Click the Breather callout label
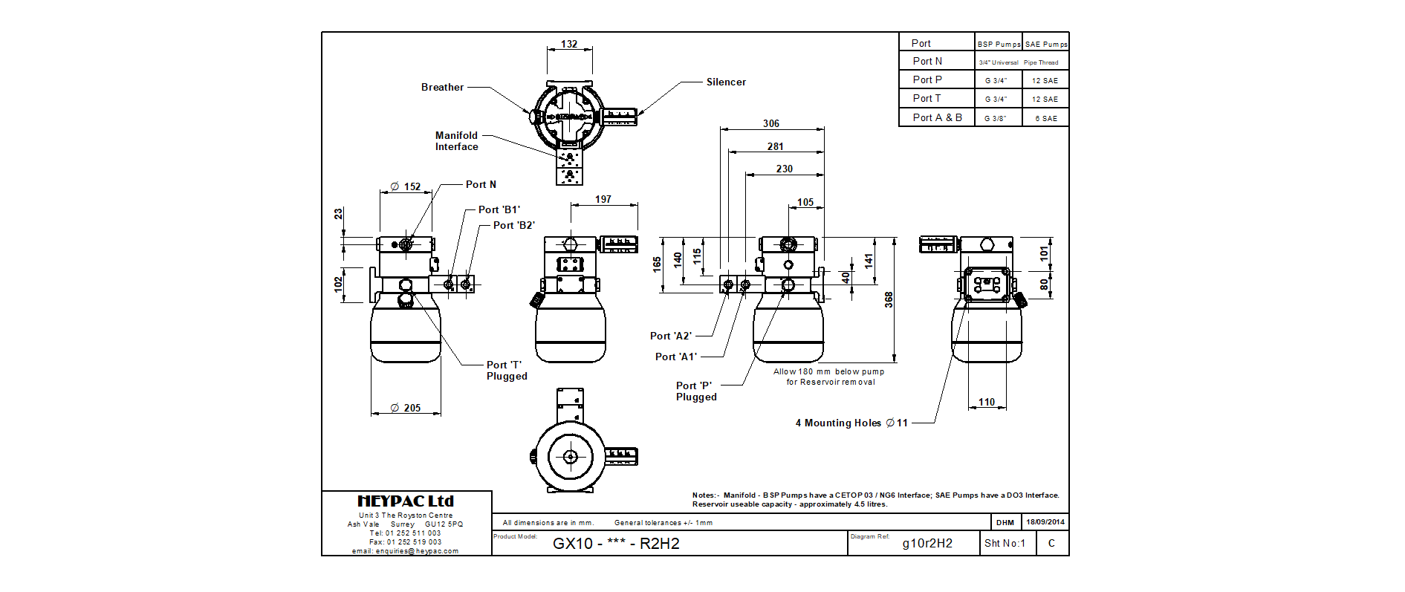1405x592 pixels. pos(442,87)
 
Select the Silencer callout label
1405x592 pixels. pos(726,82)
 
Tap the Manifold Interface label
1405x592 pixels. pos(457,141)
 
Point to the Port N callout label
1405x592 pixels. pos(481,184)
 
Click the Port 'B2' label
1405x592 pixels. pos(514,225)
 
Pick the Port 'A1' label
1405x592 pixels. pos(676,357)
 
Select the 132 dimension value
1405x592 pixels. pos(569,44)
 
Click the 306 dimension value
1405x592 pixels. pos(771,123)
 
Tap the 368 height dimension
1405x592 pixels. pos(889,300)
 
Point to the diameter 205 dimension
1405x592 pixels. pos(406,408)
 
